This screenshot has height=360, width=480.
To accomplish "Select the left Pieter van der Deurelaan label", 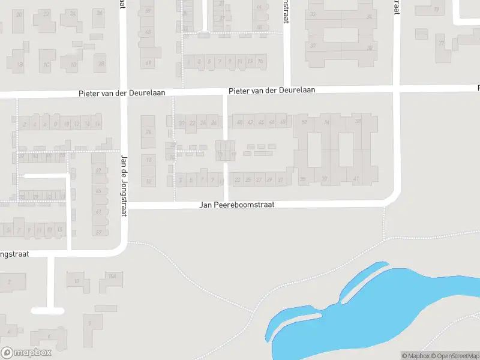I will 122,94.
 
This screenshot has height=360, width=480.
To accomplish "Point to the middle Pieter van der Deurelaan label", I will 272,91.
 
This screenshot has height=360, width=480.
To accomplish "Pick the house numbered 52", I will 305,123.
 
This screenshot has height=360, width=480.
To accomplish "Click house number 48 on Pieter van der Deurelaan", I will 283,123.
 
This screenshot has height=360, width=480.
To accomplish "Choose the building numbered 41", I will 356,179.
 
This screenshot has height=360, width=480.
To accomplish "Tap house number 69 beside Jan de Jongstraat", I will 148,62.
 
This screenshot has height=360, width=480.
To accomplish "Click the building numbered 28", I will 101,63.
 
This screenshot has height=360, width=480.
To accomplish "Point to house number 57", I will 99,232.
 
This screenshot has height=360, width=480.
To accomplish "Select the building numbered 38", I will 370,47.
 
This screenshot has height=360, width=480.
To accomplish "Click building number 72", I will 442,44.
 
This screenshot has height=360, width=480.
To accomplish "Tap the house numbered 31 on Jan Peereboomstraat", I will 280,179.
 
